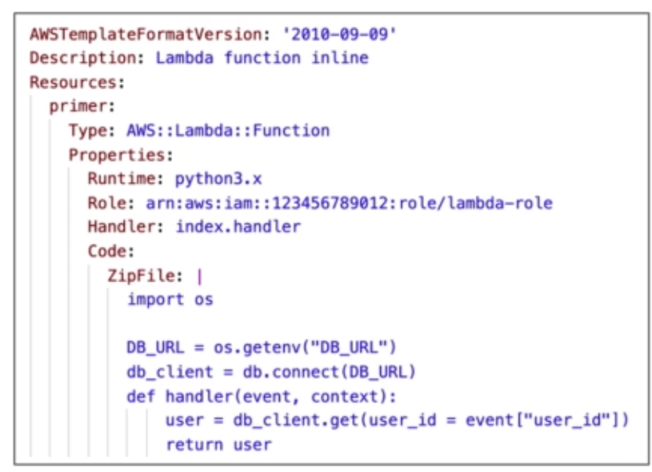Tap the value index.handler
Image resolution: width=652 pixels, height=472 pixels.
click(x=237, y=227)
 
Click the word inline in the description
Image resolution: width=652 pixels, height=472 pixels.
click(x=339, y=58)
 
